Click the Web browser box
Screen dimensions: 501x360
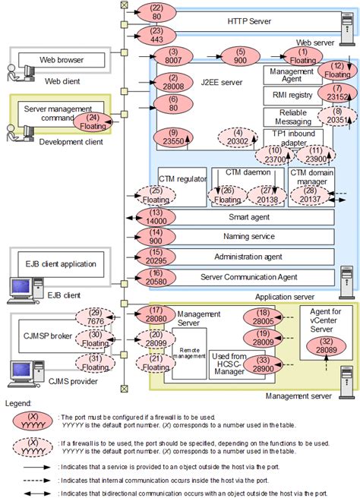click(51, 58)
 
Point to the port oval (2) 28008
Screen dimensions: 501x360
click(169, 81)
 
